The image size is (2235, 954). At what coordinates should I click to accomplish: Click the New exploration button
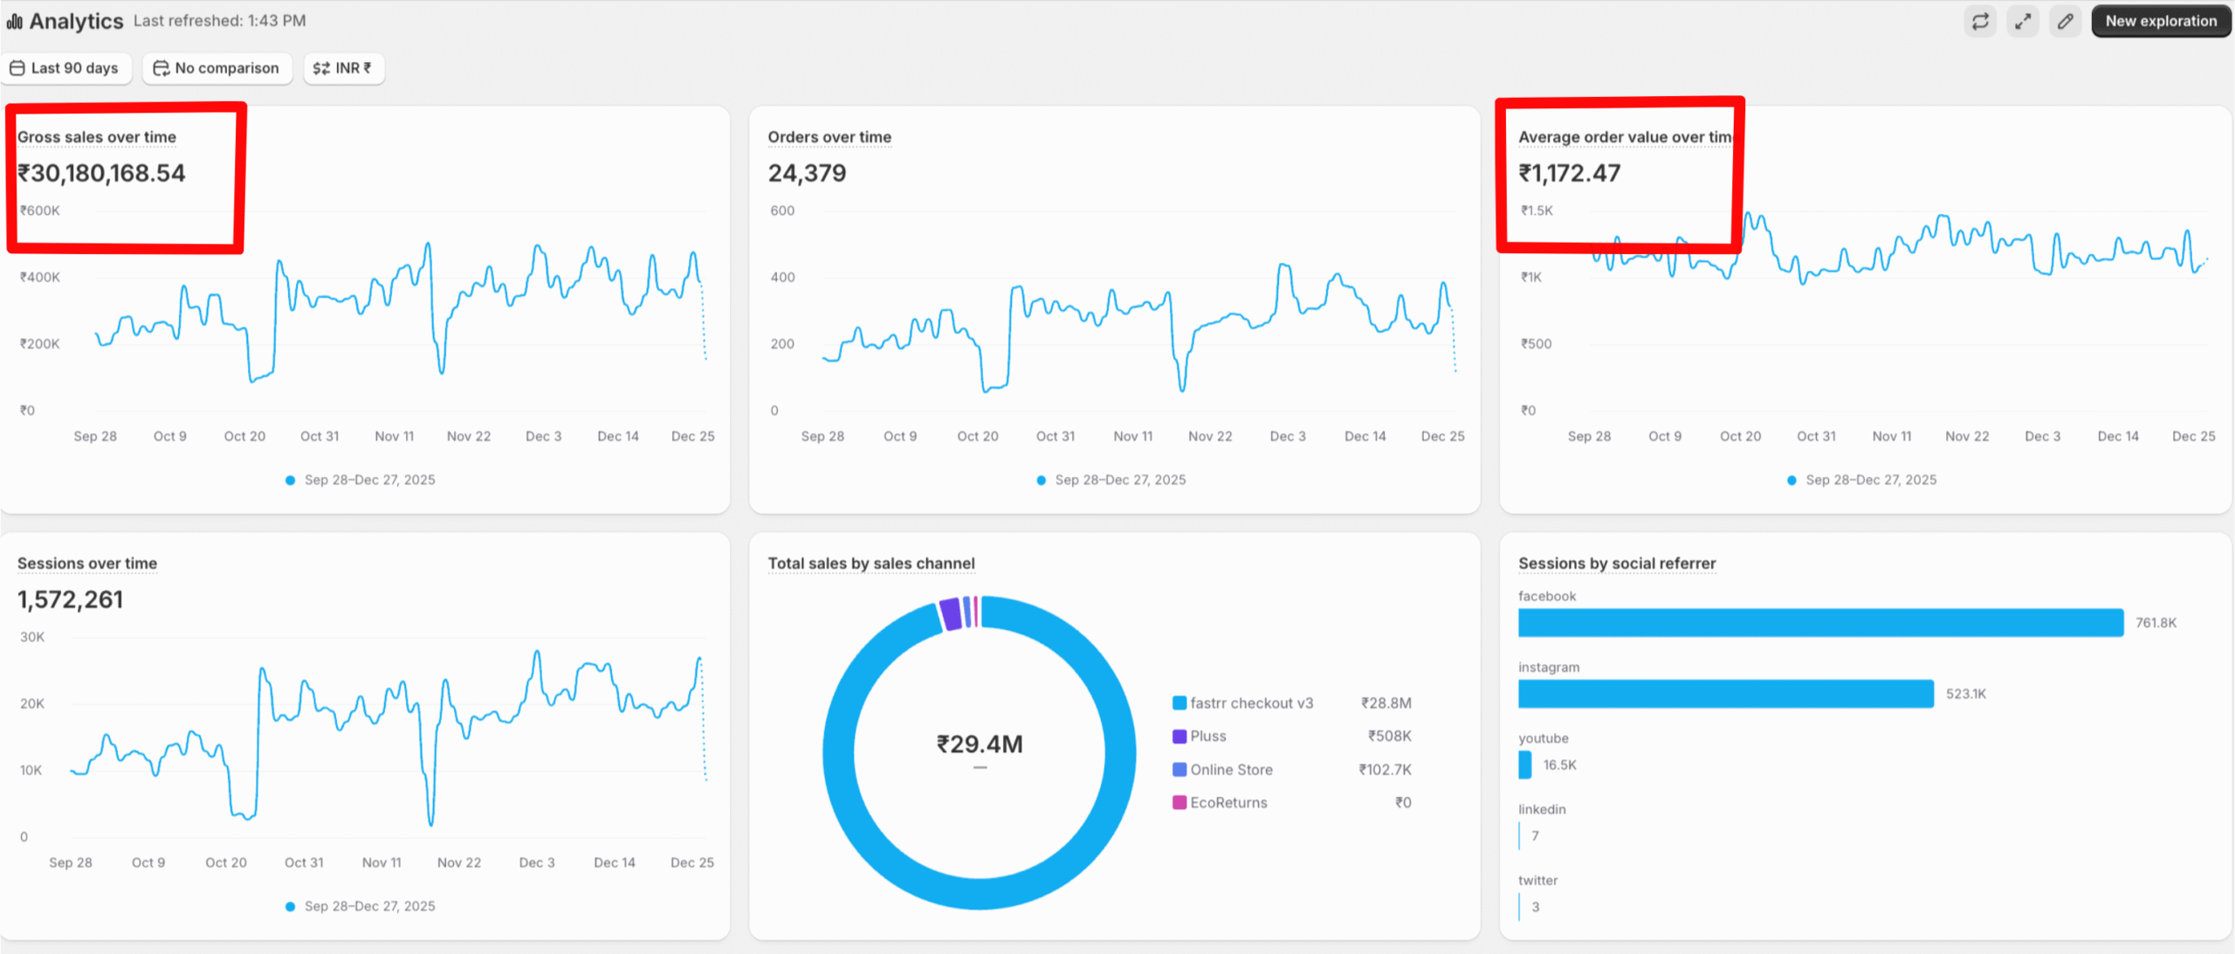[x=2160, y=21]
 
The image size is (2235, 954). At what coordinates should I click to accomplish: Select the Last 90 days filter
[x=65, y=68]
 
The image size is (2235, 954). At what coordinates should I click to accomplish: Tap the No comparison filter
[x=217, y=68]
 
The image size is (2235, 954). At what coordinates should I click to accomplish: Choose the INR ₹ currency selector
[x=343, y=68]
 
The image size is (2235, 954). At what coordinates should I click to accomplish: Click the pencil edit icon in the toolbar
[x=2065, y=21]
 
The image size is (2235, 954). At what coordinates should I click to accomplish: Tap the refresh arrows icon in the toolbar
[x=1980, y=21]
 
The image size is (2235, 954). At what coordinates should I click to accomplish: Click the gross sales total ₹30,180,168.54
[x=101, y=173]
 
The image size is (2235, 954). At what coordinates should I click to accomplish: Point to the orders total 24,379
[x=807, y=173]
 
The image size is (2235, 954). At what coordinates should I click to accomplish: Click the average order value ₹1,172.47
[x=1569, y=173]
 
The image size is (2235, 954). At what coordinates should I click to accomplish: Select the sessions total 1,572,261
[x=70, y=599]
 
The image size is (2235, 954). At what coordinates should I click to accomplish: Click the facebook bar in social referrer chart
[x=1820, y=622]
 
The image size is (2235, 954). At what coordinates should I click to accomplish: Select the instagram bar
[x=1725, y=694]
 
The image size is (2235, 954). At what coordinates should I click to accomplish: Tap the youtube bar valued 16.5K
[x=1525, y=764]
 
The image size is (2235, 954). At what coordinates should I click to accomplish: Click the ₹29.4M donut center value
[x=980, y=744]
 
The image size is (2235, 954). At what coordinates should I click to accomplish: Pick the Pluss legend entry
[x=1207, y=736]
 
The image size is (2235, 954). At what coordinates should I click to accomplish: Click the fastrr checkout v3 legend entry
[x=1250, y=702]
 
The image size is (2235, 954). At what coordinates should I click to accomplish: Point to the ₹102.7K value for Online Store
[x=1385, y=769]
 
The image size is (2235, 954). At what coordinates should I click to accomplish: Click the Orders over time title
[x=829, y=137]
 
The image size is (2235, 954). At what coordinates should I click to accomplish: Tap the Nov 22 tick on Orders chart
[x=1209, y=436]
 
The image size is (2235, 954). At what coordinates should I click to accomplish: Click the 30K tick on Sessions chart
[x=32, y=637]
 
